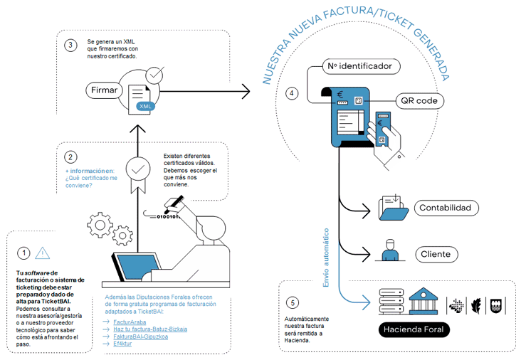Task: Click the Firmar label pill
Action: tap(105, 90)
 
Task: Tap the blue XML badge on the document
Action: tap(145, 106)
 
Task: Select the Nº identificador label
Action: tap(362, 66)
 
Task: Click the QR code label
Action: tap(419, 101)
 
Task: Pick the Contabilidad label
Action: tap(446, 208)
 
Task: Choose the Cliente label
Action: tap(436, 255)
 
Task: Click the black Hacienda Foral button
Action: tap(414, 329)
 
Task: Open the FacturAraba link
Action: tap(130, 322)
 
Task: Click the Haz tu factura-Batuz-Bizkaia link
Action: tap(150, 329)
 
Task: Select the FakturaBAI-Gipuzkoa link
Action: tap(140, 337)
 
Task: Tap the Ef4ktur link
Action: tap(122, 344)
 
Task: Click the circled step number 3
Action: tap(70, 46)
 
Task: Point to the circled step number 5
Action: tap(293, 303)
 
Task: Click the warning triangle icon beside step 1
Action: tap(42, 253)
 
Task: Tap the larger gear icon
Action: tap(100, 225)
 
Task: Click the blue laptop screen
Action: tap(138, 267)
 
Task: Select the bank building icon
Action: tap(424, 301)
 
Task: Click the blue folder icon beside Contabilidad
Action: tap(394, 208)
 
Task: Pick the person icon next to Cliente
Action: tap(390, 250)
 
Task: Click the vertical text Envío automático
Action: tap(326, 258)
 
